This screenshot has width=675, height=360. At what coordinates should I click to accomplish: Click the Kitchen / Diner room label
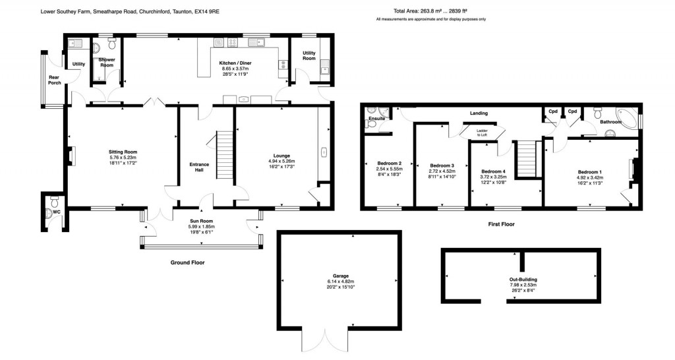point(235,63)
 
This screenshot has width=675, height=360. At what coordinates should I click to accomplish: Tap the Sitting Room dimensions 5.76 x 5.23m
point(123,158)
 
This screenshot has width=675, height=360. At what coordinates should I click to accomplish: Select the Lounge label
point(281,156)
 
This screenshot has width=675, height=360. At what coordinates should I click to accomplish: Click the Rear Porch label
point(54,80)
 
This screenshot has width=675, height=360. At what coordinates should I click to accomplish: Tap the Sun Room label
point(202,221)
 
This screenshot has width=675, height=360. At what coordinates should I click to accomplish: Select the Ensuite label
point(377,119)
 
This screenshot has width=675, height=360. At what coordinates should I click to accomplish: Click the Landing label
point(479,113)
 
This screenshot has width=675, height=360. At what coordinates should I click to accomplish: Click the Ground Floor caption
point(187,262)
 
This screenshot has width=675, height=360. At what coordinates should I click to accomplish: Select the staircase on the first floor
point(526,158)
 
